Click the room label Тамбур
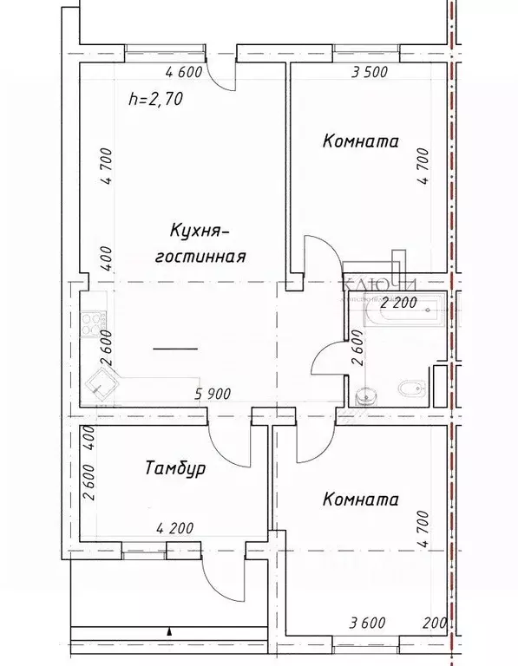point(174,470)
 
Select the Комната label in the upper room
point(360,141)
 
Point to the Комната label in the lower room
point(360,500)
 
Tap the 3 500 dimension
point(368,73)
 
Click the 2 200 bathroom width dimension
point(400,304)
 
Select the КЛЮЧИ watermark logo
point(382,284)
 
